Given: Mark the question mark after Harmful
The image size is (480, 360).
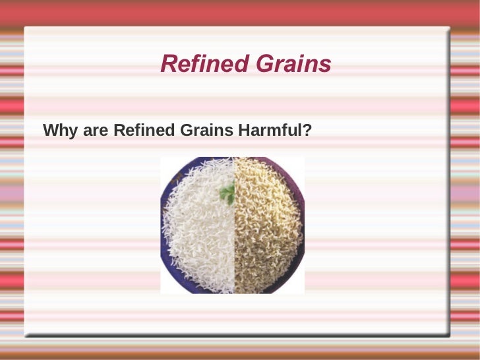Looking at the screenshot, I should [307, 131].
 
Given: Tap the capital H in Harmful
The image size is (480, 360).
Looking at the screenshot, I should [243, 131].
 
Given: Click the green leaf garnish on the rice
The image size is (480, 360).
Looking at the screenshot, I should [227, 194].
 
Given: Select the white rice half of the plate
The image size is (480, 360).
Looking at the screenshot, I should [198, 231].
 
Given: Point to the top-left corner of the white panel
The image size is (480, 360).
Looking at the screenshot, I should [26, 28].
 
